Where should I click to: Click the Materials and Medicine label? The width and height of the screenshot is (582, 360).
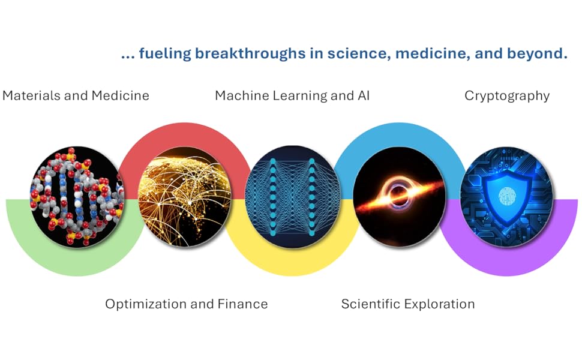click(76, 96)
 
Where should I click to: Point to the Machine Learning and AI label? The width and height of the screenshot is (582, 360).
click(292, 96)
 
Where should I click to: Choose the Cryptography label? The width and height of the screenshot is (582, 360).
click(507, 96)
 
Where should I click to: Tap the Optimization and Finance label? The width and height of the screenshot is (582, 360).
click(187, 304)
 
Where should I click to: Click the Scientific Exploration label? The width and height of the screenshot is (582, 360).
click(408, 304)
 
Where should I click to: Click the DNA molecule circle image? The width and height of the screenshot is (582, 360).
click(77, 197)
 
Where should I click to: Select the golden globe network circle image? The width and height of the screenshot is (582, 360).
click(184, 197)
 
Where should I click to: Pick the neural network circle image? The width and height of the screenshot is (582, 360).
click(292, 197)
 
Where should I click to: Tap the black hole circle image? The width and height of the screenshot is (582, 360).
click(400, 197)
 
